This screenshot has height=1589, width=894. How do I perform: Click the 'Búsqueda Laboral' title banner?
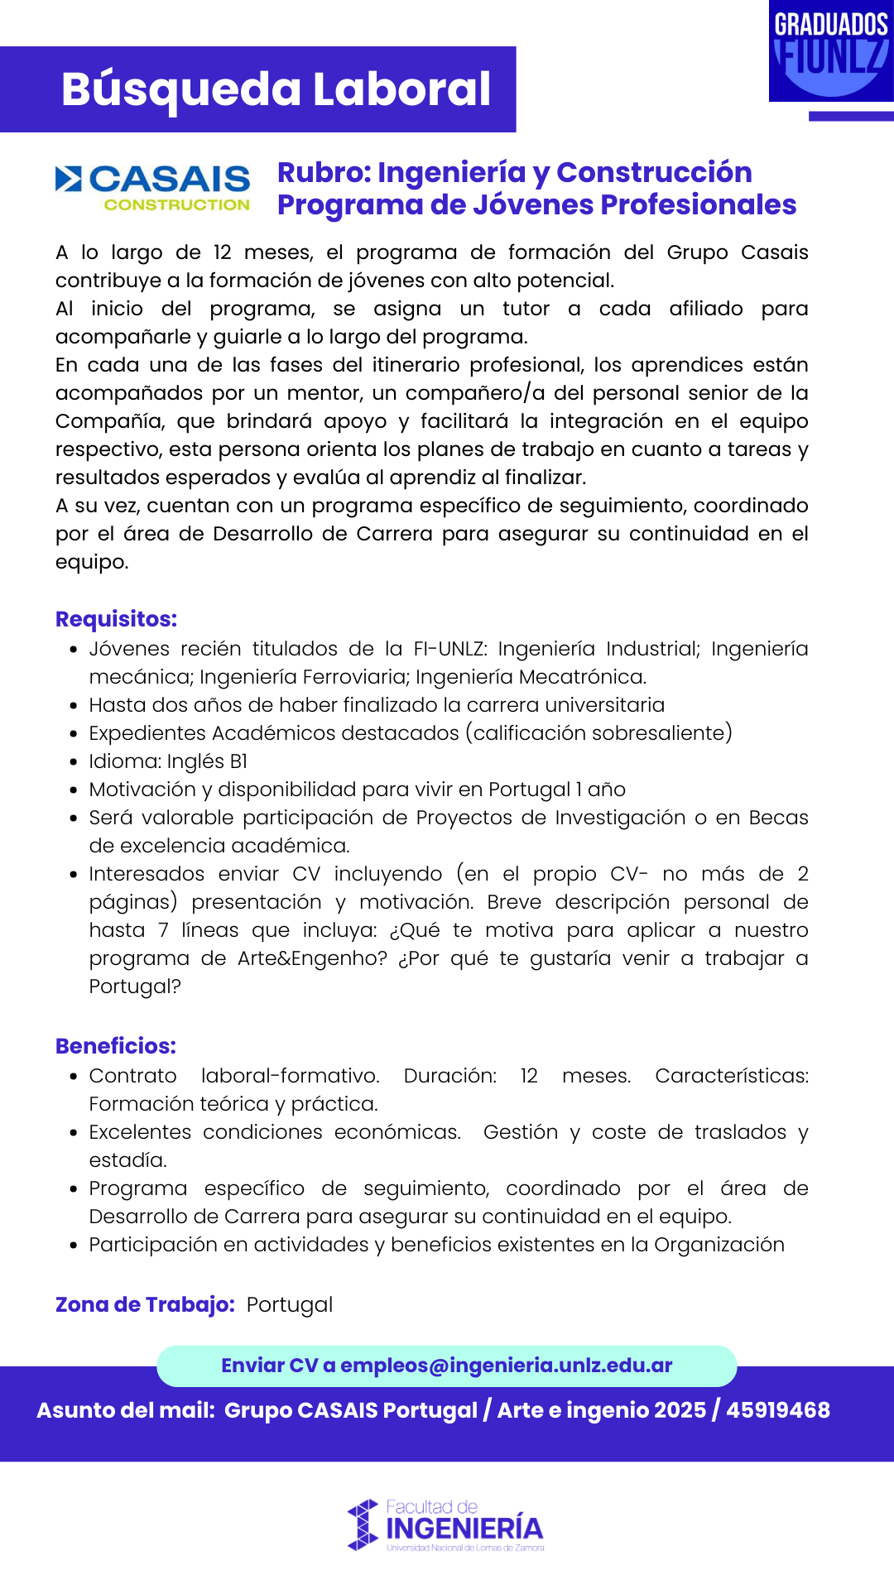[x=276, y=89]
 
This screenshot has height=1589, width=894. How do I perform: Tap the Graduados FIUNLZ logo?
[x=830, y=52]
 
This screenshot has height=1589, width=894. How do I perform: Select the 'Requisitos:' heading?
[x=116, y=619]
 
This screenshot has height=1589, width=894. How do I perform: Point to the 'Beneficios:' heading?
[x=116, y=1046]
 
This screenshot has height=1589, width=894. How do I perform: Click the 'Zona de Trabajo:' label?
[x=145, y=1304]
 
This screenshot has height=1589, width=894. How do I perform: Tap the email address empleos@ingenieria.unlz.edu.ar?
[x=506, y=1366]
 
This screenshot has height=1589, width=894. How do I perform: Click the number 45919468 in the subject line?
[x=777, y=1410]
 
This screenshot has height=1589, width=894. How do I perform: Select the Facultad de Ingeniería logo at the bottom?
[x=446, y=1525]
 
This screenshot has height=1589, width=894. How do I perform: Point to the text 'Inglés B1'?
[x=207, y=761]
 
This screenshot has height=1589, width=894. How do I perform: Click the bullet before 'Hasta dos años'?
[x=74, y=706]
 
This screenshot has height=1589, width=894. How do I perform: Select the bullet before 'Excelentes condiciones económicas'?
[x=74, y=1133]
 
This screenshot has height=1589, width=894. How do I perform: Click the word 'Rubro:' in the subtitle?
[x=324, y=172]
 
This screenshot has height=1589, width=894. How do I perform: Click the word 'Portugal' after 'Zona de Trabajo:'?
[x=290, y=1304]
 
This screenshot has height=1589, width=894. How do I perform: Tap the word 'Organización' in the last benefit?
[x=719, y=1245]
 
